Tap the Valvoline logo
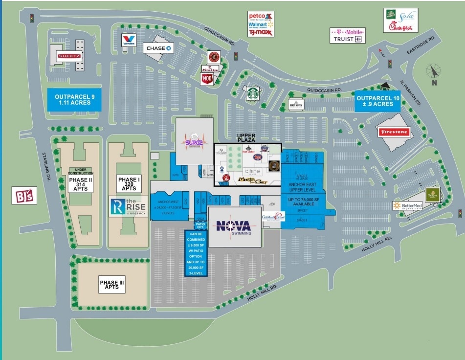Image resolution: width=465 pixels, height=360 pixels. coord(129,40)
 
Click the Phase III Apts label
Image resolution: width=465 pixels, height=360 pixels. coord(112,285)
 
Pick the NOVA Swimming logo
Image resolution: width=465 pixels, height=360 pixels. coord(234,226)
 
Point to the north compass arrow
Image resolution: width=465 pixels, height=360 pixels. coord(432,72)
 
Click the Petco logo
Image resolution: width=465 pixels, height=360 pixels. coord(259,16)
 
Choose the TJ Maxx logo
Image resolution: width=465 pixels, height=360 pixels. coord(260,32)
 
